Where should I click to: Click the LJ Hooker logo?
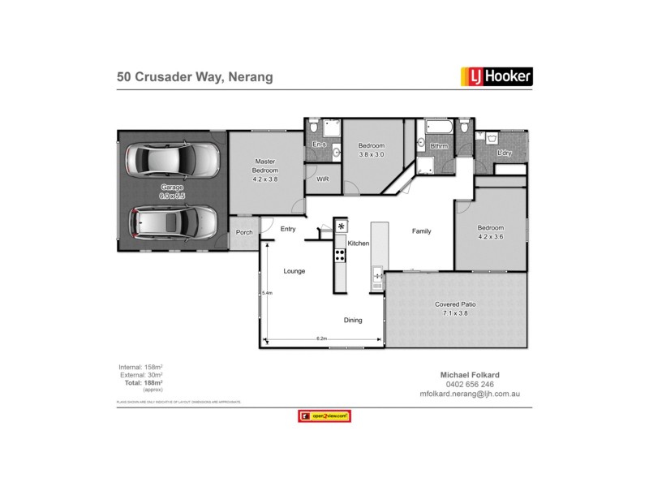point(496,77)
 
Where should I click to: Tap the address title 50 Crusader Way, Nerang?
point(194,78)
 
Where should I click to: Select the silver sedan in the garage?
point(172,160)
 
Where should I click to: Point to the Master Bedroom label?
point(265,166)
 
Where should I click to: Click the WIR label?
point(322,179)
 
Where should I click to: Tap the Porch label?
point(244,232)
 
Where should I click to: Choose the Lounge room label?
point(294,270)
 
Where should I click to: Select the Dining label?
point(353,320)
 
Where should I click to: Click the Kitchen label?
point(359,243)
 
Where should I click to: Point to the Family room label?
point(421,231)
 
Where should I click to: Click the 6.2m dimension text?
point(321,338)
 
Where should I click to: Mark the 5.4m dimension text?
point(266,293)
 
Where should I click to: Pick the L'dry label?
point(504,153)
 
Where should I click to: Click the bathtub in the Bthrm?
point(436,127)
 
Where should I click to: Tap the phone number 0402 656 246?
point(470,384)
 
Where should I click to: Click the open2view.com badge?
point(324,416)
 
